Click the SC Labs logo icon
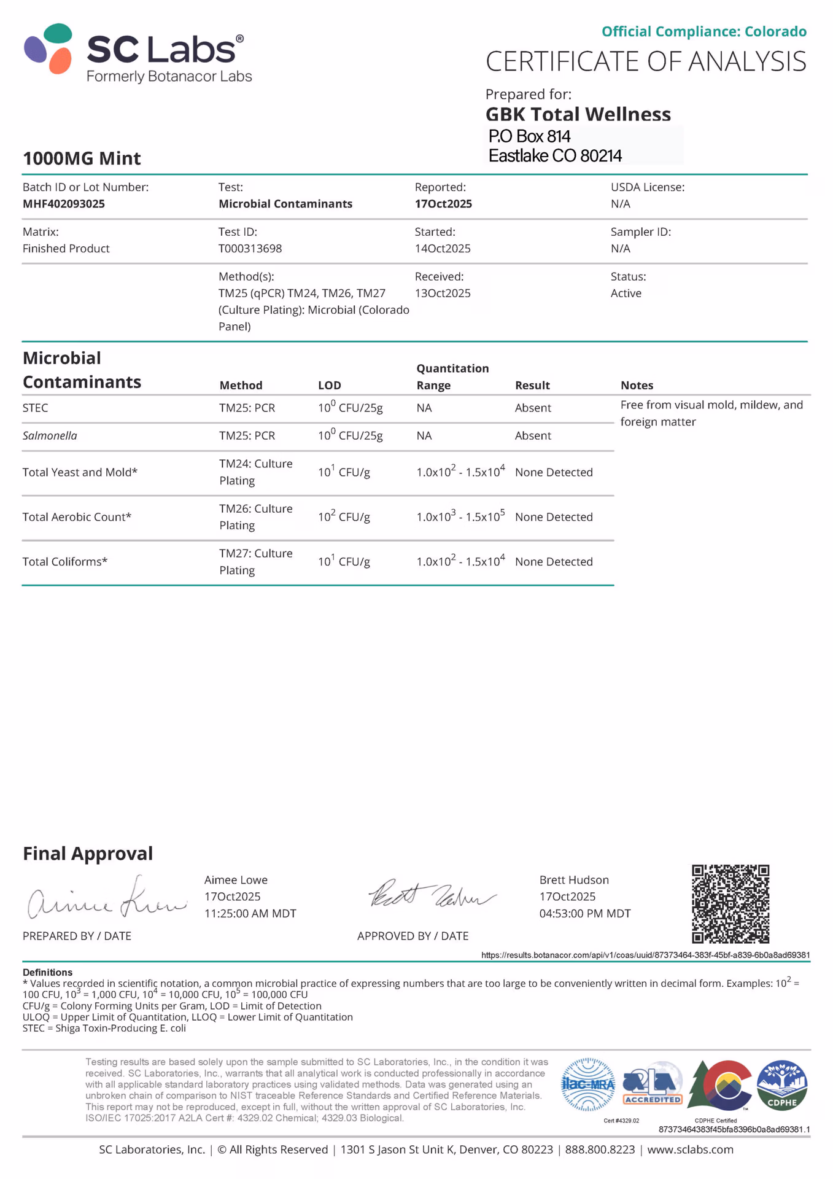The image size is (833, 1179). [48, 49]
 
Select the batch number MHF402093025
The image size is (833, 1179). [64, 204]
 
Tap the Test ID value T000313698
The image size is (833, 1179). [250, 249]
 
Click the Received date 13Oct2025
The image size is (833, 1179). [443, 294]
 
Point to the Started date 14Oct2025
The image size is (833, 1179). [443, 249]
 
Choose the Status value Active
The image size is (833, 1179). [626, 294]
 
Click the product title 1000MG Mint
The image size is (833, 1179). [82, 158]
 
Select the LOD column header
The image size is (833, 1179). [329, 386]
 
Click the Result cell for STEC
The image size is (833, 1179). [533, 408]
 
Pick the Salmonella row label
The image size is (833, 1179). [50, 436]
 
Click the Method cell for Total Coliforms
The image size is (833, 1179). [255, 562]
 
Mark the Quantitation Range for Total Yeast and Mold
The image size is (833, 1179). [460, 472]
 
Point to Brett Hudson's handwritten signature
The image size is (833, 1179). [431, 895]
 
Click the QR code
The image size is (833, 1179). [730, 904]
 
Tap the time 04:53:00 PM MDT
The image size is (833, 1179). [584, 914]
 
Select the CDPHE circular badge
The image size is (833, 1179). [781, 1086]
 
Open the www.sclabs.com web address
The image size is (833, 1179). [690, 1150]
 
